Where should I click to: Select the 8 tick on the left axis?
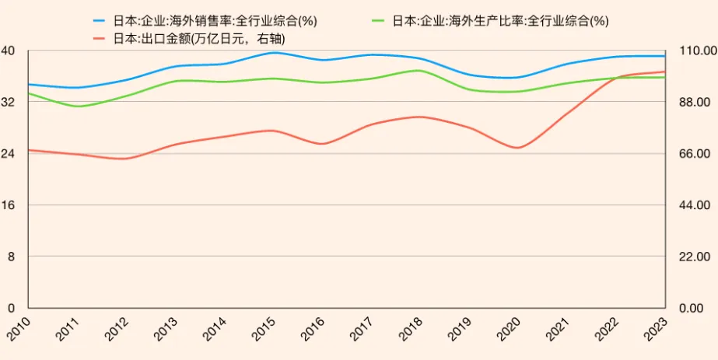click(12, 257)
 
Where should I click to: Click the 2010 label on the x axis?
click(19, 327)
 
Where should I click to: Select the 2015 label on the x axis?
click(264, 327)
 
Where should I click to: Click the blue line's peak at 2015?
click(273, 52)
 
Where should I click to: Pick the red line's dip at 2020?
click(517, 148)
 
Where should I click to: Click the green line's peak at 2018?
click(420, 71)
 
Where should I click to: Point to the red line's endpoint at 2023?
click(664, 72)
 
